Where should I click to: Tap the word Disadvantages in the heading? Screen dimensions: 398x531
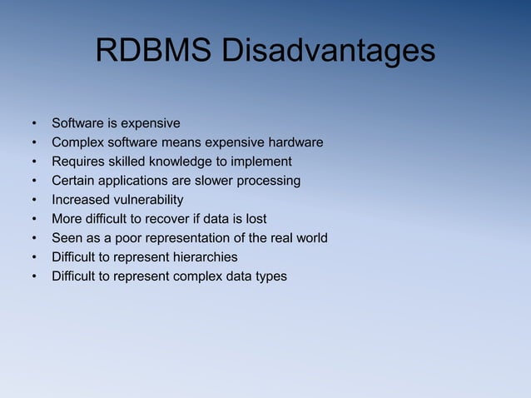coord(327,50)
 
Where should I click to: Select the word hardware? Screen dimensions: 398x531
coord(295,142)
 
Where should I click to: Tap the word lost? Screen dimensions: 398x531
coord(279,219)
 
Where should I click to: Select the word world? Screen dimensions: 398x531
coord(310,238)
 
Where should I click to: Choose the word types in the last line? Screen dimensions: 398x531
coord(270,276)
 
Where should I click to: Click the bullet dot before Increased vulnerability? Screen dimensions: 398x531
coord(35,200)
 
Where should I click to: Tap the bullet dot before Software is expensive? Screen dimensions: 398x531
coord(35,123)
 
